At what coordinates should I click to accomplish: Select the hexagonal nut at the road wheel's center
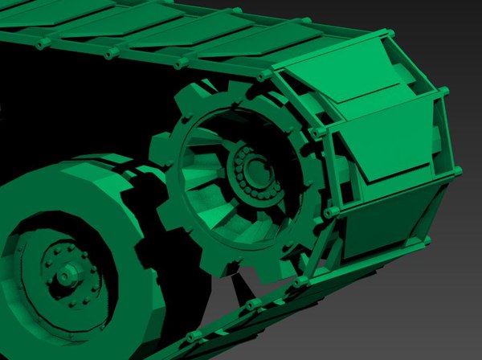tap(64, 275)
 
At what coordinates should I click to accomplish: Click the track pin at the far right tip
tap(457, 170)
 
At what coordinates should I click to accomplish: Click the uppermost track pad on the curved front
tap(345, 80)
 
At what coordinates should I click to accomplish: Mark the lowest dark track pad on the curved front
tap(386, 225)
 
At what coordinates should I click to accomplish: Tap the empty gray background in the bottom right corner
tap(450, 329)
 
